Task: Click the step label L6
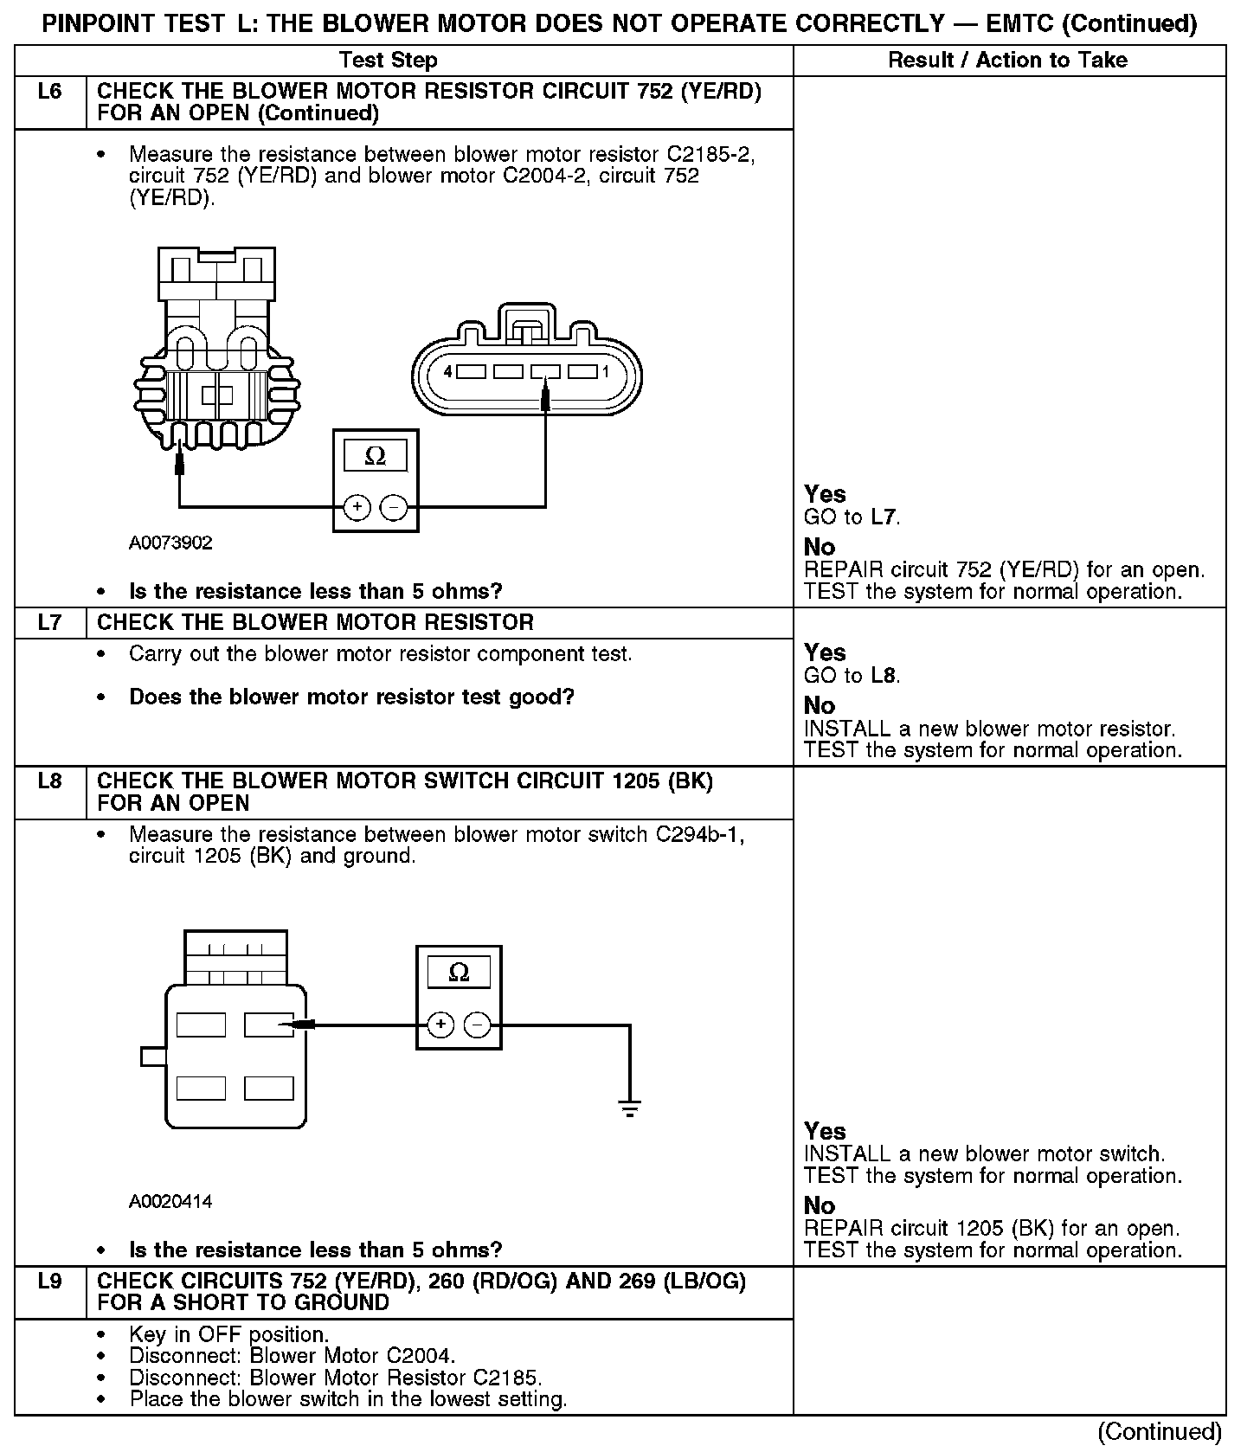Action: pyautogui.click(x=50, y=91)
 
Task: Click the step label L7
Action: pyautogui.click(x=50, y=623)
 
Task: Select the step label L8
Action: pyautogui.click(x=50, y=781)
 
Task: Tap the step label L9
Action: pyautogui.click(x=50, y=1281)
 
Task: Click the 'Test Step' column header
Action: pyautogui.click(x=388, y=60)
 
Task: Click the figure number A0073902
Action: pyautogui.click(x=170, y=543)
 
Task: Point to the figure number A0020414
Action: pyautogui.click(x=170, y=1201)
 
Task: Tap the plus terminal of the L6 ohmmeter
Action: pyautogui.click(x=357, y=507)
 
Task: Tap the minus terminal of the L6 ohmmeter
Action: pyautogui.click(x=395, y=507)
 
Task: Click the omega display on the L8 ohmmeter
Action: pyautogui.click(x=459, y=973)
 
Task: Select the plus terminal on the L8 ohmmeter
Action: pyautogui.click(x=440, y=1025)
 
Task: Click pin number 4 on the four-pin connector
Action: pyautogui.click(x=447, y=372)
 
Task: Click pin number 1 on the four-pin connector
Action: pyautogui.click(x=606, y=372)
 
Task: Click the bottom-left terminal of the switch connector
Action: pyautogui.click(x=201, y=1088)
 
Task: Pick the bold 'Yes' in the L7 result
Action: pyautogui.click(x=825, y=652)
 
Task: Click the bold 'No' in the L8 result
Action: pyautogui.click(x=819, y=1205)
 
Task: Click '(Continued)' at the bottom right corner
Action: pyautogui.click(x=1160, y=1432)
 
